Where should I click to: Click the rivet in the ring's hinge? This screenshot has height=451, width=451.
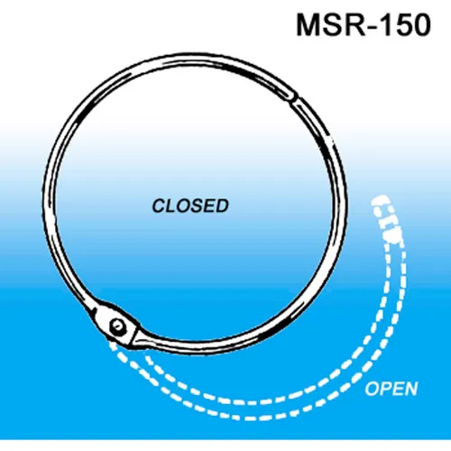[x=117, y=326]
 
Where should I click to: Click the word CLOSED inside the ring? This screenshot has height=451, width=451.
[x=190, y=206]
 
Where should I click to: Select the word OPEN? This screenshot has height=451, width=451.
[x=391, y=388]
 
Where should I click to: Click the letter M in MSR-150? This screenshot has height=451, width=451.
[x=309, y=25]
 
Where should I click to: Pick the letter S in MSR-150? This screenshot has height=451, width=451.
[x=336, y=25]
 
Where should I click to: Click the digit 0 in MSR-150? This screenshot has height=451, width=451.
[x=423, y=25]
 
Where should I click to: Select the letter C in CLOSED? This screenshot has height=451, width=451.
[x=159, y=206]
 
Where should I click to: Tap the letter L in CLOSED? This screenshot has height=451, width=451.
[x=170, y=206]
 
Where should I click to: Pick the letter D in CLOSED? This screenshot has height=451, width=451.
[x=222, y=206]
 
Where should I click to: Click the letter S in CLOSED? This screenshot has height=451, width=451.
[x=196, y=206]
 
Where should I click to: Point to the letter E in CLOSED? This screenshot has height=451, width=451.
[x=209, y=206]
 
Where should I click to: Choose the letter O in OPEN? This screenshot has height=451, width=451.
[x=372, y=388]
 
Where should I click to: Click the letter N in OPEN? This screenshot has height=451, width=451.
[x=410, y=388]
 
